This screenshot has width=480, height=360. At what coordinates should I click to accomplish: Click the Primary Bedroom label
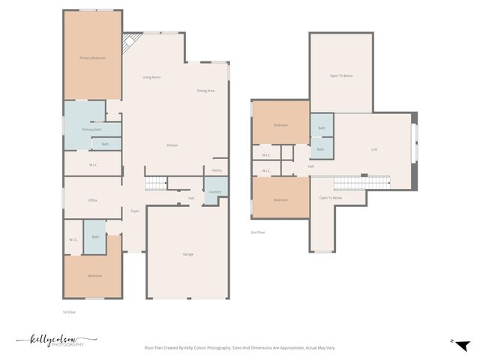pos(92,58)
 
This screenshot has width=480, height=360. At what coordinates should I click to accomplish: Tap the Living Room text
pos(151,77)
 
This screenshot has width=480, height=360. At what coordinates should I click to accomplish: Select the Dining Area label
pos(205,91)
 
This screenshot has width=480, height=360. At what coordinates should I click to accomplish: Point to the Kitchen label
pos(172,145)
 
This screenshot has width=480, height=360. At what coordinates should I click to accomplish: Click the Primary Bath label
pos(91,130)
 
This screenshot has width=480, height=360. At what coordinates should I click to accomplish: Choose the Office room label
pos(93,200)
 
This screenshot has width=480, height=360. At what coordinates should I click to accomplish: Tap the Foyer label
pos(135,211)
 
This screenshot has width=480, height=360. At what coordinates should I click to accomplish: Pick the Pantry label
pos(216,170)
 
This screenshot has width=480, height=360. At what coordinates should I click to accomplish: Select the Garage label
pos(187,254)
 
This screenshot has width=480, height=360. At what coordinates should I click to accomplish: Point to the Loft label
pos(374,149)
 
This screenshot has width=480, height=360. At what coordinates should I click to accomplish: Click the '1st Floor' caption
pos(69,311)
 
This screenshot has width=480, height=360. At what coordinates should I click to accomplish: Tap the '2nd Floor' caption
pos(258,232)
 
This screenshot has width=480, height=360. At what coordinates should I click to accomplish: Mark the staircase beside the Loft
pos(361,183)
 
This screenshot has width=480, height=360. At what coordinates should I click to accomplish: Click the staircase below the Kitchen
pos(155,184)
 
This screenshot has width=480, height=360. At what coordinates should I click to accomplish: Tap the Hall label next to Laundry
pos(191,198)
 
